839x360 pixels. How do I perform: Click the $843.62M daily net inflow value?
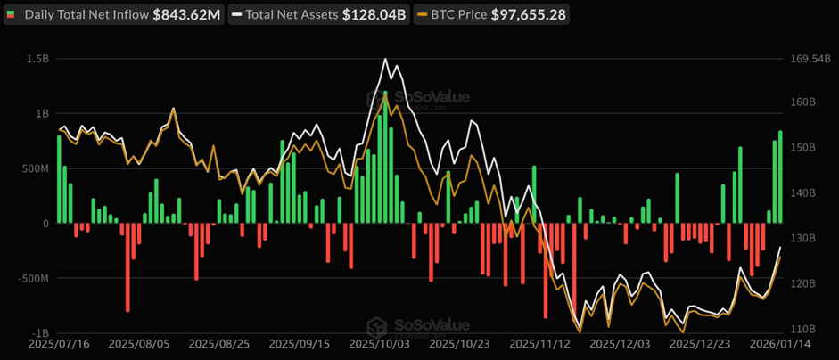pos(186,15)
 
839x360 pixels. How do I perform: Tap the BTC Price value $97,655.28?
pos(528,15)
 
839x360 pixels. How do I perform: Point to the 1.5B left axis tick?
pos(37,59)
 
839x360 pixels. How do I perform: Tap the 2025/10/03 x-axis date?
pos(379,343)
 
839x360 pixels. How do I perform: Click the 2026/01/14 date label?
pos(780,343)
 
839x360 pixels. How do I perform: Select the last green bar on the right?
pos(780,176)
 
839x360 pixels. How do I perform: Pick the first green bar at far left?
pos(59,178)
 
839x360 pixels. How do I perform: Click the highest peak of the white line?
pos(385,60)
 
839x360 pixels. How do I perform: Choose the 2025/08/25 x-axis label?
pos(218,343)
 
